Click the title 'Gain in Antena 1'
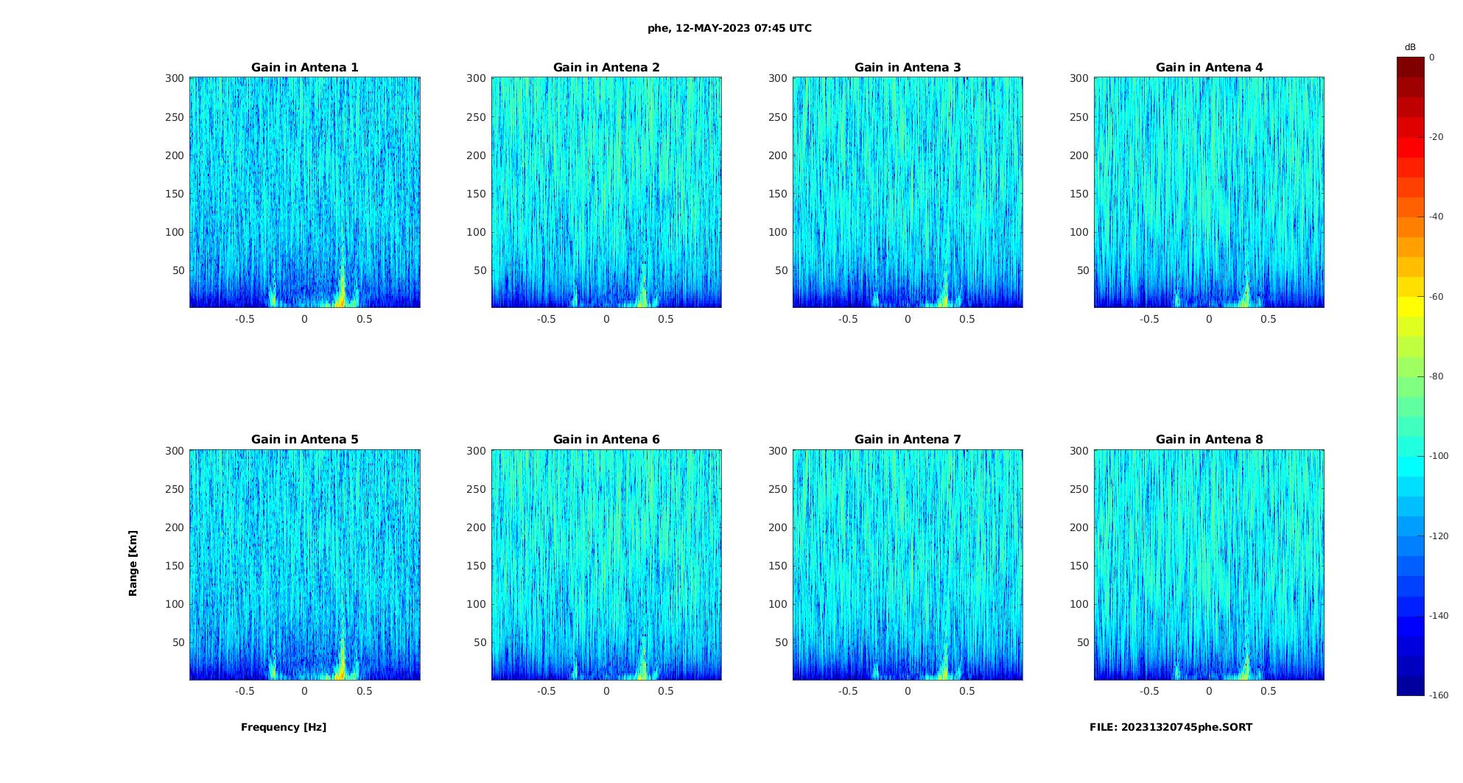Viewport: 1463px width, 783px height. [x=304, y=68]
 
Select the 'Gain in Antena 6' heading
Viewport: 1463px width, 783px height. [x=606, y=440]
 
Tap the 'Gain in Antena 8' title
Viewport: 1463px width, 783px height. [x=1209, y=440]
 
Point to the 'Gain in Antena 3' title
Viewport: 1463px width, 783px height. [x=908, y=68]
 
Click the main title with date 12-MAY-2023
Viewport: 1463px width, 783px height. [x=729, y=28]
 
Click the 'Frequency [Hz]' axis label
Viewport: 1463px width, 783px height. [x=284, y=727]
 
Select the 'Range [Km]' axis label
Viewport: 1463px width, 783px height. [x=133, y=563]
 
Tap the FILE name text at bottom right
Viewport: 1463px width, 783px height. [x=1171, y=727]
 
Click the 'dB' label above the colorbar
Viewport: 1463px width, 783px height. [x=1410, y=47]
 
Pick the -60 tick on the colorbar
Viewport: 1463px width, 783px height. [x=1436, y=297]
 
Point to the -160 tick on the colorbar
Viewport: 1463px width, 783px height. [x=1438, y=695]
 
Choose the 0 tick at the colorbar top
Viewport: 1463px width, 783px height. [x=1432, y=57]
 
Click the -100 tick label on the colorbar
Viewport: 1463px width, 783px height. [x=1438, y=456]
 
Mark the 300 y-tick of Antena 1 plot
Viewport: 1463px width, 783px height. [x=175, y=78]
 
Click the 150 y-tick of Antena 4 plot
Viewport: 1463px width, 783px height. [x=1078, y=194]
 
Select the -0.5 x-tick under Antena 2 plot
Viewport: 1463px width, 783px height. [x=546, y=319]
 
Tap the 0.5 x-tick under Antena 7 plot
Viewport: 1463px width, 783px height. [x=967, y=691]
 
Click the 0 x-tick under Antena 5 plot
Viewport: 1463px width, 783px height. [x=304, y=691]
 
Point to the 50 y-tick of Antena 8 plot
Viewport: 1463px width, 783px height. [x=1082, y=642]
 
